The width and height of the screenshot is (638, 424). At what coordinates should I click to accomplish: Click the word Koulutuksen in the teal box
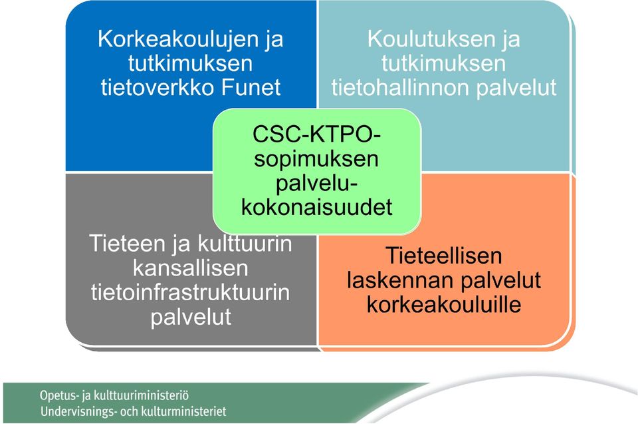coord(431,39)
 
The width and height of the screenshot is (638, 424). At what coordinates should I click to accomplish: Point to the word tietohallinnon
coord(400,87)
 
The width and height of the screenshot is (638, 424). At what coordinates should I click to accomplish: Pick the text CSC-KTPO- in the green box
coord(316,134)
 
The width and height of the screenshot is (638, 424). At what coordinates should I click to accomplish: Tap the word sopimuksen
coord(316,159)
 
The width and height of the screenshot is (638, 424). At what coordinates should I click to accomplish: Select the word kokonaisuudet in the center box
coord(316,207)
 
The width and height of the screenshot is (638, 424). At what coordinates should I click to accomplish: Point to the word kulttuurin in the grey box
coord(245,244)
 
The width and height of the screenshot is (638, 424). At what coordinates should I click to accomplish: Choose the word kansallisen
coord(191,268)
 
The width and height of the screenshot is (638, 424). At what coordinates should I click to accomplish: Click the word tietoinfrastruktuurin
coord(191,292)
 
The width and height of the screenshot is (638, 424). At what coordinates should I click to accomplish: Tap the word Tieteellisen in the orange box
coord(443,256)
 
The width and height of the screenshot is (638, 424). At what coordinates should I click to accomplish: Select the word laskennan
coord(394,280)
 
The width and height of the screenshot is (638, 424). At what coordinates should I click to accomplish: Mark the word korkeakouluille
coord(444,305)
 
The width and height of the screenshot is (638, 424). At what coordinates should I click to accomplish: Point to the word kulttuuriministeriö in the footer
coord(141,395)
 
